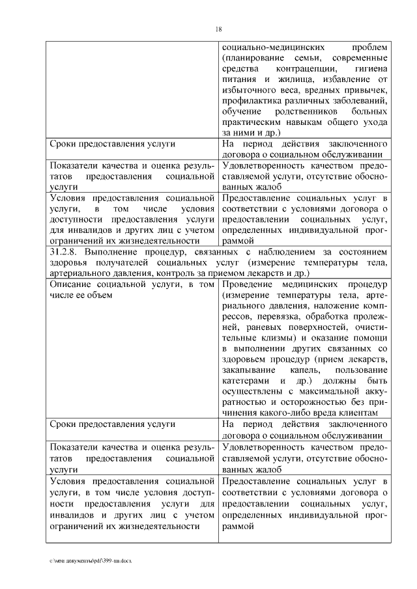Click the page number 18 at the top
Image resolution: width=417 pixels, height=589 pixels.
pos(218,28)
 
